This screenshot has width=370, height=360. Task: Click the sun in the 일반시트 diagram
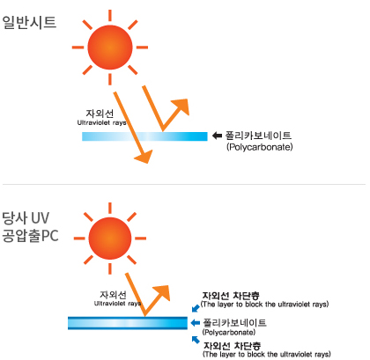[x=110, y=48]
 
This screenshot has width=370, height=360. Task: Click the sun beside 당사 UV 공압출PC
[x=110, y=239]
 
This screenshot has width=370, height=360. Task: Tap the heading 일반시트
[x=29, y=22]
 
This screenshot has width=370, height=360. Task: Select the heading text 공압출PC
[x=30, y=236]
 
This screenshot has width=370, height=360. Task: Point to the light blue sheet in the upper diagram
[x=144, y=136]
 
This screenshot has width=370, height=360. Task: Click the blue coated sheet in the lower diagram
[x=128, y=323]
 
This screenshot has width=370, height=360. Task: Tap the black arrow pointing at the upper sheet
[x=217, y=136]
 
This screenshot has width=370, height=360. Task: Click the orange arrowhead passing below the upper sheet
[x=144, y=156]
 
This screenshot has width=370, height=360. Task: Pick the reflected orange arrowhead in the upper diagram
[x=181, y=107]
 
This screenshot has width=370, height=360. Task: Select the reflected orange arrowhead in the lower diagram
[x=161, y=293]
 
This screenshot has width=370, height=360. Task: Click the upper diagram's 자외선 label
[x=100, y=114]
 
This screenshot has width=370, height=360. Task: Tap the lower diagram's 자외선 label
[x=113, y=295]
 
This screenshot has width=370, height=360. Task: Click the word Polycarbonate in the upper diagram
[x=260, y=147]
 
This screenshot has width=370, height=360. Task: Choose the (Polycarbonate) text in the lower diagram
[x=229, y=333]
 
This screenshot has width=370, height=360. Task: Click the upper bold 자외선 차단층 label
[x=231, y=296]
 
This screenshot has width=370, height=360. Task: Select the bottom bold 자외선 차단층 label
[x=233, y=346]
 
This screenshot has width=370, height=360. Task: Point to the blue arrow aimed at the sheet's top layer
[x=196, y=308]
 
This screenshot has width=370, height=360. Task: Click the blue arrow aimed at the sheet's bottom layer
[x=196, y=340]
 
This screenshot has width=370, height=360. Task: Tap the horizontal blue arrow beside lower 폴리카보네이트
[x=196, y=323]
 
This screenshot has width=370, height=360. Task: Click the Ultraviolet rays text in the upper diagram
[x=102, y=122]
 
